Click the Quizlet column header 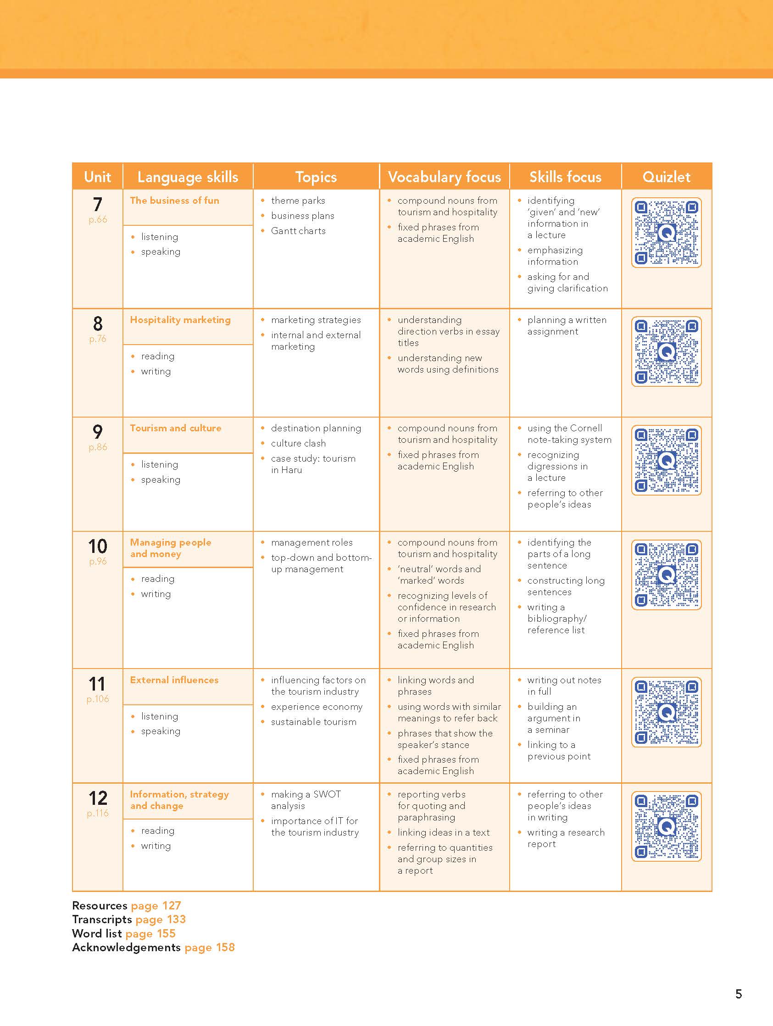666,177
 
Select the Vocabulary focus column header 444,177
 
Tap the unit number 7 97,205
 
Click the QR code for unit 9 666,460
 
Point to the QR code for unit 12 666,826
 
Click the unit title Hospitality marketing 180,319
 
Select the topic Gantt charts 298,230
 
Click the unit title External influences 174,680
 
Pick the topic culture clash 298,443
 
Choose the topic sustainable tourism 313,722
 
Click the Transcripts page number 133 176,920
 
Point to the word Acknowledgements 126,947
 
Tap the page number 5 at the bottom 738,994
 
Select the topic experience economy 317,707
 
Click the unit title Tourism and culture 175,428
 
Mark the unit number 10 97,546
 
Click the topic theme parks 298,201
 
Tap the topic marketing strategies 316,319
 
